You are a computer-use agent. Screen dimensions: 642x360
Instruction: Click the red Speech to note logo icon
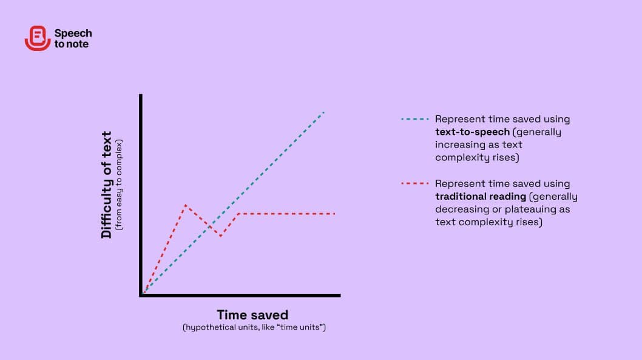38,38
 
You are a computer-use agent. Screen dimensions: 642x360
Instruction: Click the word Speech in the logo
73,33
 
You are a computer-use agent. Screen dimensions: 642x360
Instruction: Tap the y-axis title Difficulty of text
106,185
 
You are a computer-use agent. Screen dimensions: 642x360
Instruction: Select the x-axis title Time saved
252,314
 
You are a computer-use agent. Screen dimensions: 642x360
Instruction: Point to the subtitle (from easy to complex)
119,185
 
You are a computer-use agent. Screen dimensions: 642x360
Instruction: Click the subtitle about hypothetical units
254,327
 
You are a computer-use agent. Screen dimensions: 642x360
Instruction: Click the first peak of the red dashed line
186,205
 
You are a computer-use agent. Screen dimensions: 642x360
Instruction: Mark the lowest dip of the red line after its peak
221,236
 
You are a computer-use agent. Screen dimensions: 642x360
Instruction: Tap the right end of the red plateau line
334,214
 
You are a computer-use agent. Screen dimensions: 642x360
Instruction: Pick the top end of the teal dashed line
324,112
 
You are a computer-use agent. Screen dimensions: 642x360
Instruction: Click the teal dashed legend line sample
415,119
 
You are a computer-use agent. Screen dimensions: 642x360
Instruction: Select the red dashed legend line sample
415,183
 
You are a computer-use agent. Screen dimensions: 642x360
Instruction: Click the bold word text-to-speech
473,132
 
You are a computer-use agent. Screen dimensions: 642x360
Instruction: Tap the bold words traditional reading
481,196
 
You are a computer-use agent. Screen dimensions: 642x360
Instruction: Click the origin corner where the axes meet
141,295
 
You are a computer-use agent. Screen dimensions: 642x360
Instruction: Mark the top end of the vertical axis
141,95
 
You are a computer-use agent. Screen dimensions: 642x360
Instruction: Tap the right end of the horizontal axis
340,295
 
